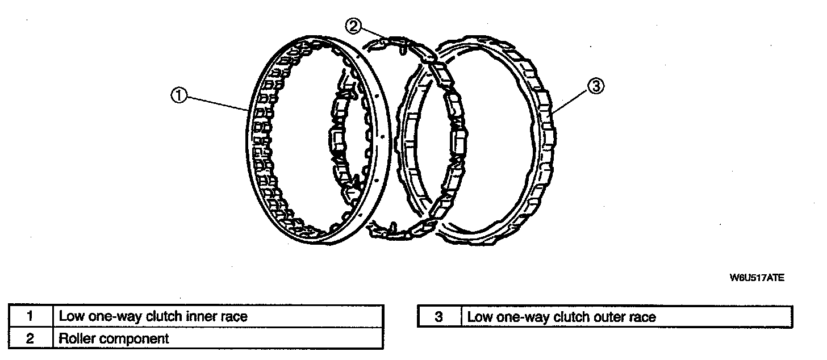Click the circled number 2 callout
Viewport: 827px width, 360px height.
tap(353, 26)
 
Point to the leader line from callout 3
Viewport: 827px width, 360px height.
tap(571, 102)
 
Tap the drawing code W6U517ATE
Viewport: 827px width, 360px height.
tap(757, 278)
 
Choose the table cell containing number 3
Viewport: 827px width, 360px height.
tap(438, 317)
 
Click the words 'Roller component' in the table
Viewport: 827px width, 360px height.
tap(114, 339)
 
